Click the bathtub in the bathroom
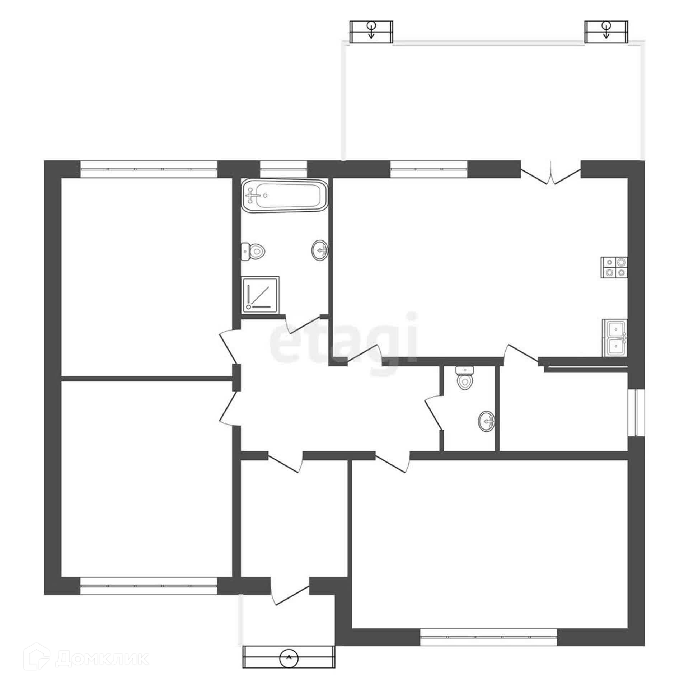click(285, 195)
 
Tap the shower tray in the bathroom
click(261, 295)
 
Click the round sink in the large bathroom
click(320, 250)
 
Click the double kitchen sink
click(615, 338)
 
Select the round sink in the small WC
click(486, 421)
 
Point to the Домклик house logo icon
click(39, 658)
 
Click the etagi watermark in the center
click(344, 337)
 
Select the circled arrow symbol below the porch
click(289, 667)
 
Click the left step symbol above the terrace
click(371, 32)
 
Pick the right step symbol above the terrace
click(606, 32)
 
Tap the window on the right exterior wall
click(636, 413)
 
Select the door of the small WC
click(433, 412)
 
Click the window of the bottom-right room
click(488, 637)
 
